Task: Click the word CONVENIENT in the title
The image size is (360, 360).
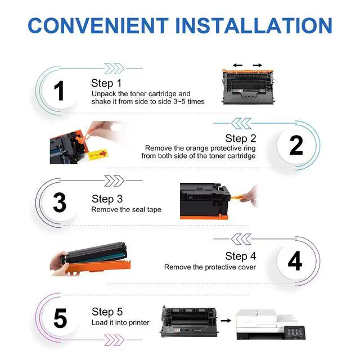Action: (98, 25)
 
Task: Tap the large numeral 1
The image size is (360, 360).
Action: (59, 91)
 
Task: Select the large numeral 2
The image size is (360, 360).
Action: (296, 145)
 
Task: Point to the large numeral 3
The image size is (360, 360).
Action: (60, 202)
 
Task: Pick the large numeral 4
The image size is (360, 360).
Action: (295, 260)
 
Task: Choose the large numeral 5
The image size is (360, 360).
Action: (60, 318)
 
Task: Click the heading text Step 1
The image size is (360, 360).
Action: (106, 83)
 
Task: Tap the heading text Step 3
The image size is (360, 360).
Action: (107, 199)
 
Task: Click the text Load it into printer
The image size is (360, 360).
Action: (120, 322)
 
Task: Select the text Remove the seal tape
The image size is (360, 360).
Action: (126, 209)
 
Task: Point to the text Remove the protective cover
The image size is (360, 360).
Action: (210, 267)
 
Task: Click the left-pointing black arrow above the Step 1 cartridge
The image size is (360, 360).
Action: (237, 65)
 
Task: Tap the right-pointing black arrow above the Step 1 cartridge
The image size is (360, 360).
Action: (258, 65)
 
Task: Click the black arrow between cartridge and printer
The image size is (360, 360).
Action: (226, 321)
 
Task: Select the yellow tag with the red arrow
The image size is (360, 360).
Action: (98, 155)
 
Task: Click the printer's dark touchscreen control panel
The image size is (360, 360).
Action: (295, 332)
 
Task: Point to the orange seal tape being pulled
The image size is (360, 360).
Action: (236, 197)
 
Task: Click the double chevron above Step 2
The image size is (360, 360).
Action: (241, 124)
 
